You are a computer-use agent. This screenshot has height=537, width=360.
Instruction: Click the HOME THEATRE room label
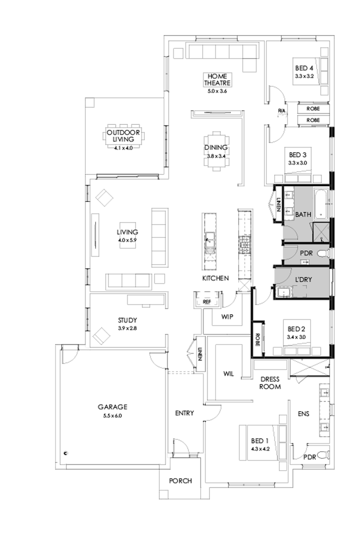coord(218,79)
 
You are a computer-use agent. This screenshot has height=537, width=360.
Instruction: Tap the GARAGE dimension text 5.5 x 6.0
coord(112,415)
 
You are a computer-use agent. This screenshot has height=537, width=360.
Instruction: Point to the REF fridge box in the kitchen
coord(207,302)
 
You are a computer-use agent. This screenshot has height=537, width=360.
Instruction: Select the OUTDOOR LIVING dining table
coord(124,136)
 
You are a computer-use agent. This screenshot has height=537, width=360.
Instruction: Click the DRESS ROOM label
coord(270,383)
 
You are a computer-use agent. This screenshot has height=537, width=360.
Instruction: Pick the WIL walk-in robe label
coord(228,374)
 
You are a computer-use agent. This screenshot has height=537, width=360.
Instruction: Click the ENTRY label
coord(184,413)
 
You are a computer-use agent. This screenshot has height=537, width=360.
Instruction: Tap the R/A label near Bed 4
coord(281,111)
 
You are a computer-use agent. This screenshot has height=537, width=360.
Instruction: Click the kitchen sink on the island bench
coord(210,239)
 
